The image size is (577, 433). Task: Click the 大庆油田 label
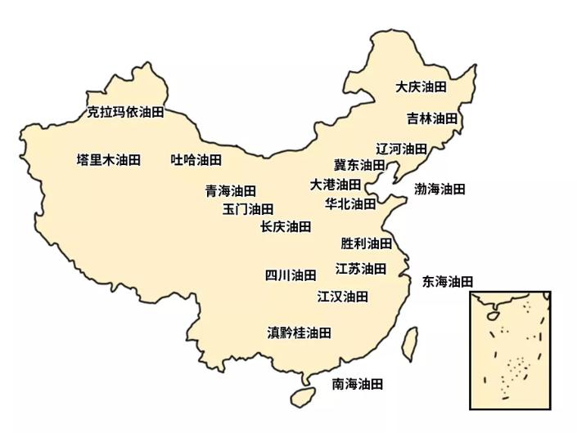(x=421, y=87)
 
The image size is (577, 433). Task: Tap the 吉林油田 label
(x=432, y=118)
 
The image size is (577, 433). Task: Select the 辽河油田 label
(x=401, y=149)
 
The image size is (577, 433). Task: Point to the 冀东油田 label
(x=358, y=165)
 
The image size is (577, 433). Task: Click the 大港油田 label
(x=335, y=185)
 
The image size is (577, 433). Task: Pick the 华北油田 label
(x=350, y=203)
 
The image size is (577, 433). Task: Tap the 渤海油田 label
(x=440, y=190)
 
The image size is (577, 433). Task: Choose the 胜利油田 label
(x=366, y=243)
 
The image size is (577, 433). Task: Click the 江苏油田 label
(x=360, y=268)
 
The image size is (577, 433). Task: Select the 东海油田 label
(x=448, y=282)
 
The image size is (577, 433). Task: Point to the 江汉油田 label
(x=342, y=296)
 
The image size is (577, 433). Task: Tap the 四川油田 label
(x=290, y=275)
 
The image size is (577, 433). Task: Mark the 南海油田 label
(x=357, y=383)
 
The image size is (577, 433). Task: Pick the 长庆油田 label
(x=286, y=226)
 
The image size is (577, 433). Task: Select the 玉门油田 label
(x=248, y=209)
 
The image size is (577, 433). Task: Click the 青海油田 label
(x=230, y=191)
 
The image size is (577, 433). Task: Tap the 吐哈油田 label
(x=196, y=159)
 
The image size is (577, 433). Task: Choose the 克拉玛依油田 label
(x=125, y=112)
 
